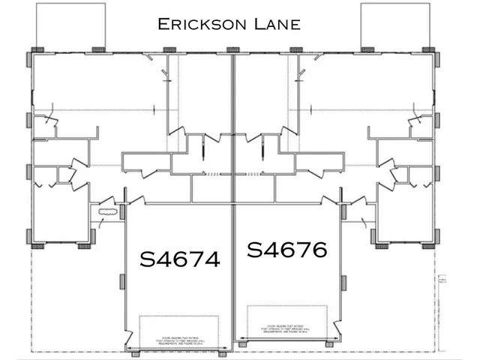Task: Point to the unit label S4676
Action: click(286, 249)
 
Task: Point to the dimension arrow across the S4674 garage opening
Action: click(180, 351)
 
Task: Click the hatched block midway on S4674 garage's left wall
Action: click(121, 283)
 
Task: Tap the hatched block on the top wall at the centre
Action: click(232, 50)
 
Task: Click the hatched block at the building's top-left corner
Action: click(35, 51)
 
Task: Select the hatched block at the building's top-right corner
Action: click(430, 51)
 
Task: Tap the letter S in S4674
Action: click(148, 259)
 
